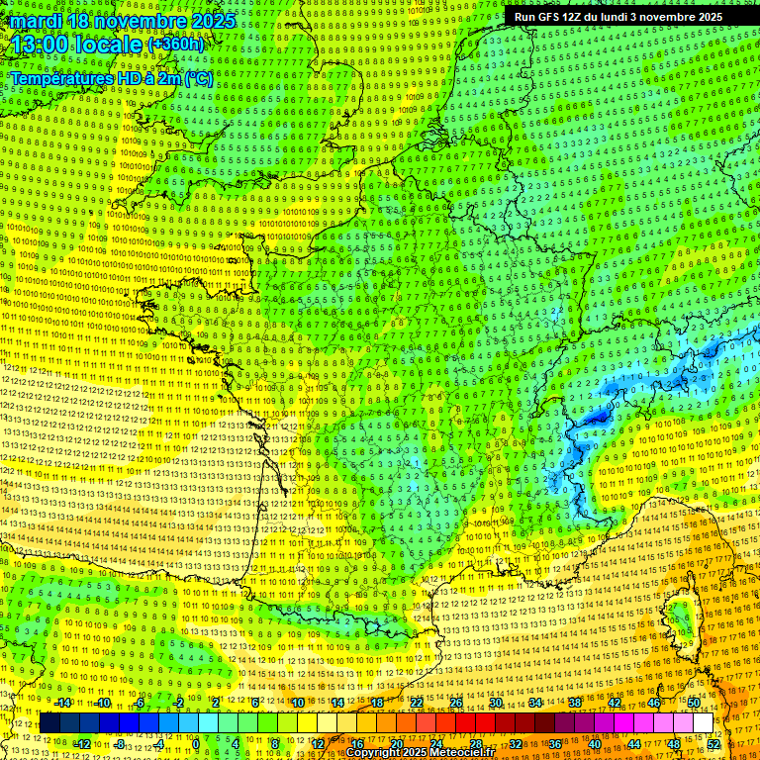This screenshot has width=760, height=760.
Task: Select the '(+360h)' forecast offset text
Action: coord(175,45)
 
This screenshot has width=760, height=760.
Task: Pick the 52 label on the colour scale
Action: coord(713,744)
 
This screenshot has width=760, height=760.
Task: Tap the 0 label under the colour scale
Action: coord(196,744)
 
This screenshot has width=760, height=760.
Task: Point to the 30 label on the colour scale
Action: coord(495,703)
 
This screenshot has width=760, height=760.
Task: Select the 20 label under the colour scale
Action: coord(397,744)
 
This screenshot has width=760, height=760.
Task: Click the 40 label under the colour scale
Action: coord(595,744)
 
